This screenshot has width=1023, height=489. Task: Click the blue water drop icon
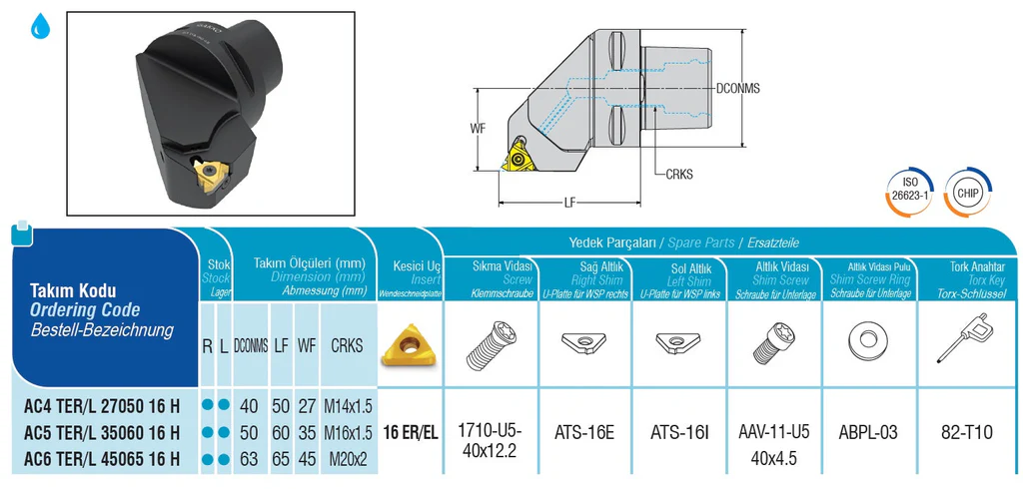tap(41, 28)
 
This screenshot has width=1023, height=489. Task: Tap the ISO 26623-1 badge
tap(909, 191)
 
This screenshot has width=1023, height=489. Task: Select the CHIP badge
tap(968, 191)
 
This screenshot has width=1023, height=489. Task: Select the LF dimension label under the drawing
tap(569, 203)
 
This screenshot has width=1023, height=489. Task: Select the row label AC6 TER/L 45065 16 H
tap(102, 459)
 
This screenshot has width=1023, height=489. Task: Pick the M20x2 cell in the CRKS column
tap(347, 459)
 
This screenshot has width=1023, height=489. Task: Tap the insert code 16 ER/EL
tap(410, 433)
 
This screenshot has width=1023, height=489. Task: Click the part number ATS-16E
tap(584, 433)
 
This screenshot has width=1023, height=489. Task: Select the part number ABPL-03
tap(868, 433)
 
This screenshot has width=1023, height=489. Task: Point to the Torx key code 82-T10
tap(966, 433)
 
